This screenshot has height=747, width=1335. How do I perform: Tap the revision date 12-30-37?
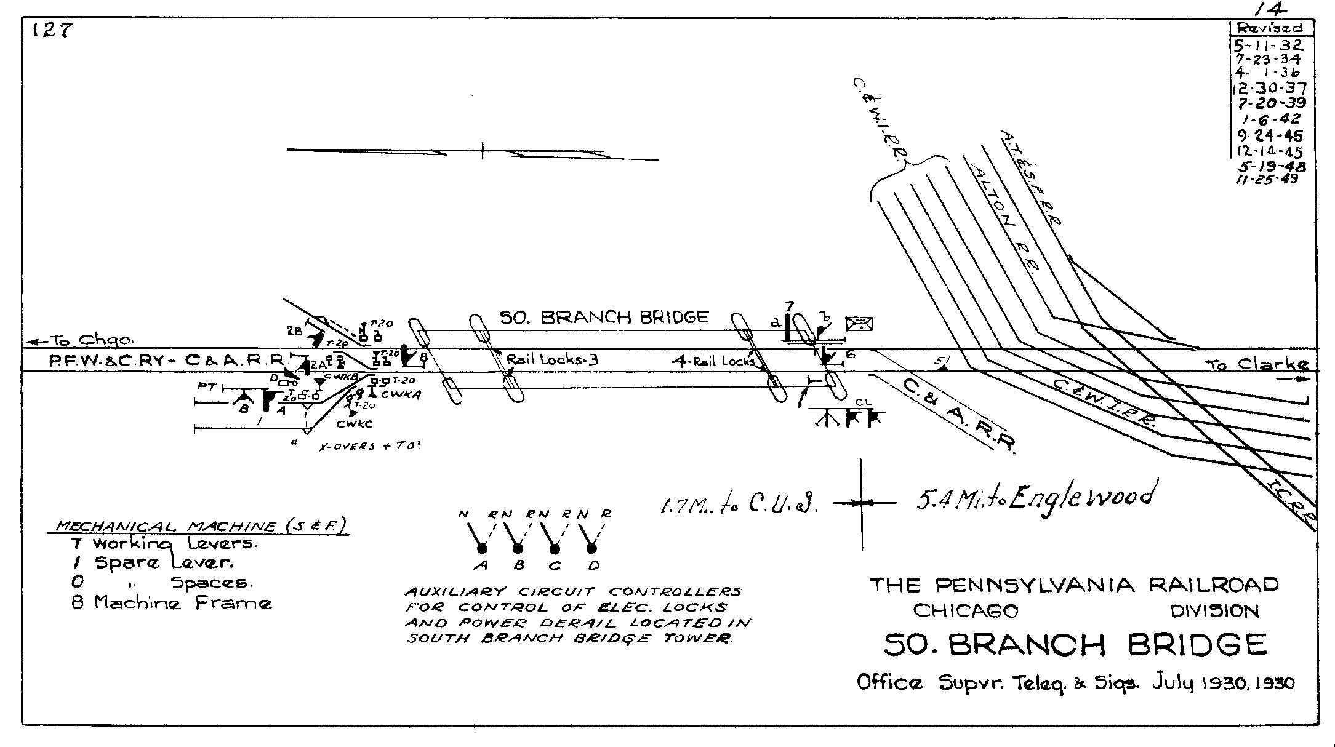1269,89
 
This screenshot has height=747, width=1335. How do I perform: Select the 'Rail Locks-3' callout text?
552,359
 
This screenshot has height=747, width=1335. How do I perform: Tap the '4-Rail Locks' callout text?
713,362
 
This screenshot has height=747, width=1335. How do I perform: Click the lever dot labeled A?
482,548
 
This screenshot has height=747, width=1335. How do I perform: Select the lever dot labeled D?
592,548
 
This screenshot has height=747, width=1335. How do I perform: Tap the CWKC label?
355,424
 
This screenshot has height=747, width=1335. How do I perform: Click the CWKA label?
401,395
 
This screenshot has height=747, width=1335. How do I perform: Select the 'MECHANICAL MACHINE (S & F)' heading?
199,526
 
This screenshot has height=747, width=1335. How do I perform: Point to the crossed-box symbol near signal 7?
859,323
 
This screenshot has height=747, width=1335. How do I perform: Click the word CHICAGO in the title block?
965,610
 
